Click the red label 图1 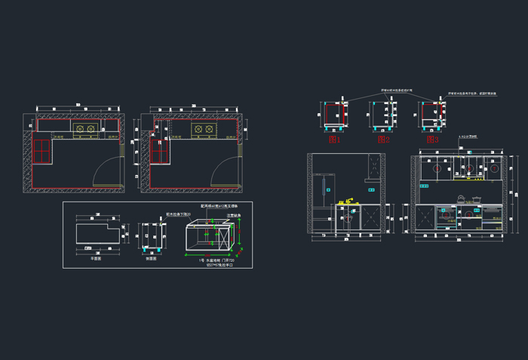(333, 140)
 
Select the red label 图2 (382, 140)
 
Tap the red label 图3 (432, 140)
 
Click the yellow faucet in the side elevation (348, 202)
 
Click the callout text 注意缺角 (234, 215)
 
